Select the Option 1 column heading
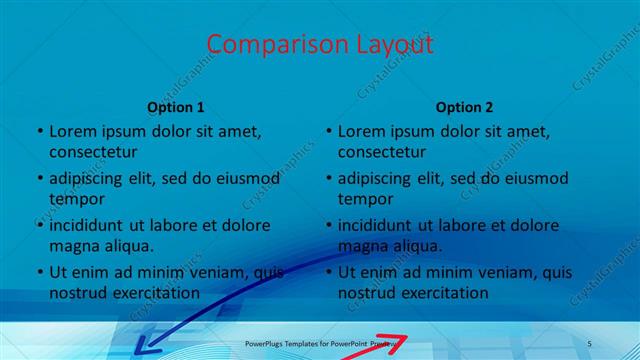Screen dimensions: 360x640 176,106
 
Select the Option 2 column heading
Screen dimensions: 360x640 465,106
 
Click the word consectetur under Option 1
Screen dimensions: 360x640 93,152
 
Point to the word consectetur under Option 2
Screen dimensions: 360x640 382,152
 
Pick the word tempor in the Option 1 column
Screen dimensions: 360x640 76,198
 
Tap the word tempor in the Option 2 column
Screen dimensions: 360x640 365,198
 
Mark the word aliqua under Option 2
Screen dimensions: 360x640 418,246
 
